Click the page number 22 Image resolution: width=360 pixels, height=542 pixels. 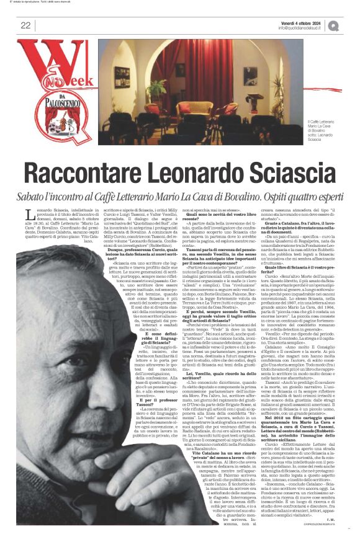click(x=25, y=25)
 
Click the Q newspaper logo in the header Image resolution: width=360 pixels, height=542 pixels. click(x=333, y=25)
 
